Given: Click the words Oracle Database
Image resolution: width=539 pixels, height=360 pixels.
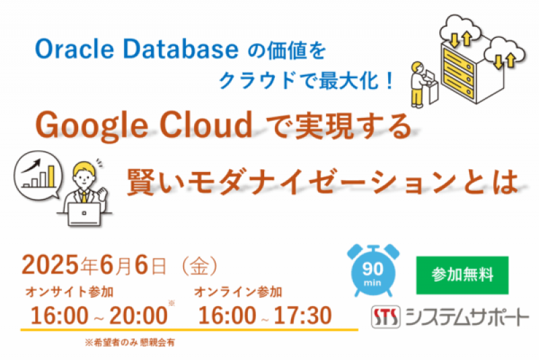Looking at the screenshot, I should [x=134, y=49].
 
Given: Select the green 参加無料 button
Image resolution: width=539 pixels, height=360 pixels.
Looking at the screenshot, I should [x=462, y=275].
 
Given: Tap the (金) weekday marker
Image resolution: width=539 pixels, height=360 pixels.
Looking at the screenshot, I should [x=199, y=265].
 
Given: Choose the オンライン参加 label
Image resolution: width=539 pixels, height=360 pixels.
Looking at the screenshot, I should [x=238, y=292].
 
